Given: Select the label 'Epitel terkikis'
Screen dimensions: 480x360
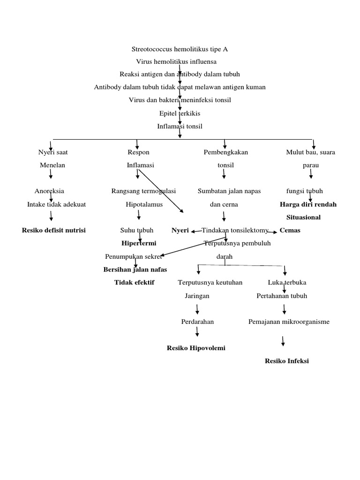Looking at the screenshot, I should point(180,113).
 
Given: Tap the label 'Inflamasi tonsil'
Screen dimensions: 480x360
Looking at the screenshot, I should point(180,126).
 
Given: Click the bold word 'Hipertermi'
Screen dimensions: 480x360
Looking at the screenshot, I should point(139,243).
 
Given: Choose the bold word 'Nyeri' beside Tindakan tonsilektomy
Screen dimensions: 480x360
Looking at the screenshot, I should point(180,230).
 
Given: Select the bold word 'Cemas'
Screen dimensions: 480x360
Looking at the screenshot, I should point(290,230).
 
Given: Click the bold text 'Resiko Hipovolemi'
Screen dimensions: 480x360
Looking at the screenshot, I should point(196,348).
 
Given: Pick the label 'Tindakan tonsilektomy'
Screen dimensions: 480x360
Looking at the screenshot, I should point(235,230).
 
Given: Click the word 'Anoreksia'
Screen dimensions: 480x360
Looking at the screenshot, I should point(49,191).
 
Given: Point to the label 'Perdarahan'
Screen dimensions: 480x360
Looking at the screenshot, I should point(197,322).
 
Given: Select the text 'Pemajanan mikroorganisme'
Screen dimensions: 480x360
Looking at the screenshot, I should point(289,322).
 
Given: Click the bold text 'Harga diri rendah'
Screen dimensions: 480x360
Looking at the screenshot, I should point(308,204).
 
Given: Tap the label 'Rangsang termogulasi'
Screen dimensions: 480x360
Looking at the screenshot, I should point(143,191).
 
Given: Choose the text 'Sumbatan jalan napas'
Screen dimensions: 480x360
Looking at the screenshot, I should point(229,191).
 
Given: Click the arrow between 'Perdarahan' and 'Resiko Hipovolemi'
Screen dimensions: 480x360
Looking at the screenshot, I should point(197,332).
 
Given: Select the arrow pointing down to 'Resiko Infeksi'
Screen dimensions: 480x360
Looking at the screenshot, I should point(283,341).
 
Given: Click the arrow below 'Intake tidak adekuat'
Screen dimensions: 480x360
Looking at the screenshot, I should point(51,216).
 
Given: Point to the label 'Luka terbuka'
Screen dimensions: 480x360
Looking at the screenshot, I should point(287,283).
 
